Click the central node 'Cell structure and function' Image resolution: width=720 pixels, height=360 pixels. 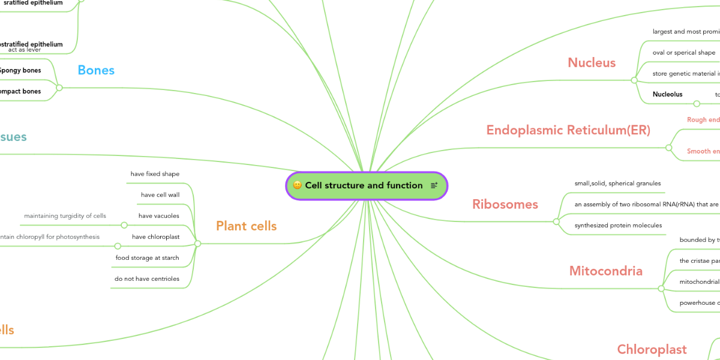364,185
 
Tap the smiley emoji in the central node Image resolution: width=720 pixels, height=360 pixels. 297,185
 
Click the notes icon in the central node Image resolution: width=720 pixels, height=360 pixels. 434,185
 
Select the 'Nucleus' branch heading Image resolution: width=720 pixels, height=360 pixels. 592,63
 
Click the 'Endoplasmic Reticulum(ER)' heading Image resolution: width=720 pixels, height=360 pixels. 568,130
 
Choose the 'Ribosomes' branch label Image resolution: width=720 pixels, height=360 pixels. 505,205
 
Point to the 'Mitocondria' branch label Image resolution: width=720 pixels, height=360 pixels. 605,271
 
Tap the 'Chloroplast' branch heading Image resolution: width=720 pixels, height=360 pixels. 652,349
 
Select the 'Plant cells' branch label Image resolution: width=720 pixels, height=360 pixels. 247,226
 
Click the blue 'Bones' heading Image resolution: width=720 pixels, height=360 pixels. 96,70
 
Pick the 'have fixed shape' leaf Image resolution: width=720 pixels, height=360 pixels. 155,174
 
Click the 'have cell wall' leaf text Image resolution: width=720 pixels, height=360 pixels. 160,195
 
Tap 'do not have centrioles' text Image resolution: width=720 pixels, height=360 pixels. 147,279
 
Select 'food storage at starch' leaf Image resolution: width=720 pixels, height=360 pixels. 148,258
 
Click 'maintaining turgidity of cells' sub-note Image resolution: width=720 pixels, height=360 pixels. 65,216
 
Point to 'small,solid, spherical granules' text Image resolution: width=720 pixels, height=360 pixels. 619,184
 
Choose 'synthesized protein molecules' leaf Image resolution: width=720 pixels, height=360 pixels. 618,226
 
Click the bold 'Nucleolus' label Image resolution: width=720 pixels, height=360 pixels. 667,94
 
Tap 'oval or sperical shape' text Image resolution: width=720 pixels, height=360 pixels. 684,53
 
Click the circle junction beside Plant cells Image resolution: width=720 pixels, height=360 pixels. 197,244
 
